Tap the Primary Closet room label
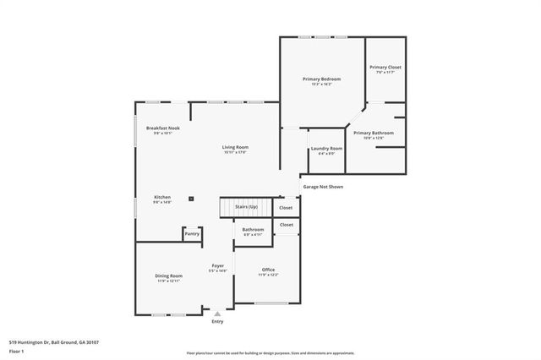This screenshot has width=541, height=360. (x=385, y=67)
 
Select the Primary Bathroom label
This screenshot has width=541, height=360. (x=373, y=133)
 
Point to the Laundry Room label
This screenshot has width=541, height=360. (x=326, y=148)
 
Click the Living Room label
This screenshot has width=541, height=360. (x=235, y=147)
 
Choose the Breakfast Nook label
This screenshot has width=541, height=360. (x=162, y=128)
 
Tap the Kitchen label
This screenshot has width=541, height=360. (x=162, y=197)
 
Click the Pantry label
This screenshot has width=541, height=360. (x=192, y=232)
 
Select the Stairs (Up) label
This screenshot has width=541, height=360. (x=247, y=206)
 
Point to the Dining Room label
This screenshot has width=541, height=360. (x=168, y=275)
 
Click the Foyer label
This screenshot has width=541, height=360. (x=217, y=265)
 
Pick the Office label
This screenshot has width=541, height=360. (x=268, y=270)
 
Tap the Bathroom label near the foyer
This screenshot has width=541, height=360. (x=253, y=229)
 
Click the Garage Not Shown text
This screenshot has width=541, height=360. (x=322, y=187)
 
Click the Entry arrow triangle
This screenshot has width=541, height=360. (x=217, y=314)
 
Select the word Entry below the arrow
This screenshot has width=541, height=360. (x=217, y=321)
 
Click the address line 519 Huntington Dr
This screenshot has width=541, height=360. (x=53, y=341)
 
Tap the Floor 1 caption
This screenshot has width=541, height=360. (x=16, y=350)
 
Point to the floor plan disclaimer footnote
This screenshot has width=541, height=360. (x=270, y=352)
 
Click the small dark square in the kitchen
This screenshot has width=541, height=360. (x=192, y=199)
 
